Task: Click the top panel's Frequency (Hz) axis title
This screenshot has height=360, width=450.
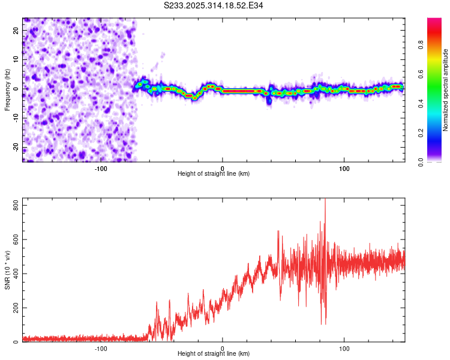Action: point(7,89)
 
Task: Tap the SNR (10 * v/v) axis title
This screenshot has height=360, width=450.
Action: point(7,271)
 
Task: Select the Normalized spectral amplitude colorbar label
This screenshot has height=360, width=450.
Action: point(446,90)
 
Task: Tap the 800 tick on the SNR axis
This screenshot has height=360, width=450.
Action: point(14,206)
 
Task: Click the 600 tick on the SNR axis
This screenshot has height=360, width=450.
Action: point(14,240)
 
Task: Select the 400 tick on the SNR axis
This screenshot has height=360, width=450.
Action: point(14,274)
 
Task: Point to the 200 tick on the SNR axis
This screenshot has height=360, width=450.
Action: point(14,308)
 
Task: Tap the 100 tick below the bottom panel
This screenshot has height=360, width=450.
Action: point(344,348)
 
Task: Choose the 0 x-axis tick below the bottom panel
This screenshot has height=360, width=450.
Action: point(223,348)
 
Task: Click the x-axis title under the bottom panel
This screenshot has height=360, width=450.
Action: point(214,354)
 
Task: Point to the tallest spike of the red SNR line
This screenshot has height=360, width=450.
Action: point(325,200)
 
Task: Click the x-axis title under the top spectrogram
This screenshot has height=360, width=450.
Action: point(214,173)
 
